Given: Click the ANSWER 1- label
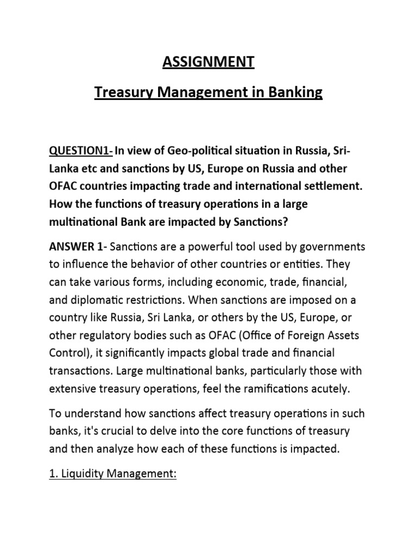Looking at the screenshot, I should click(x=78, y=247).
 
